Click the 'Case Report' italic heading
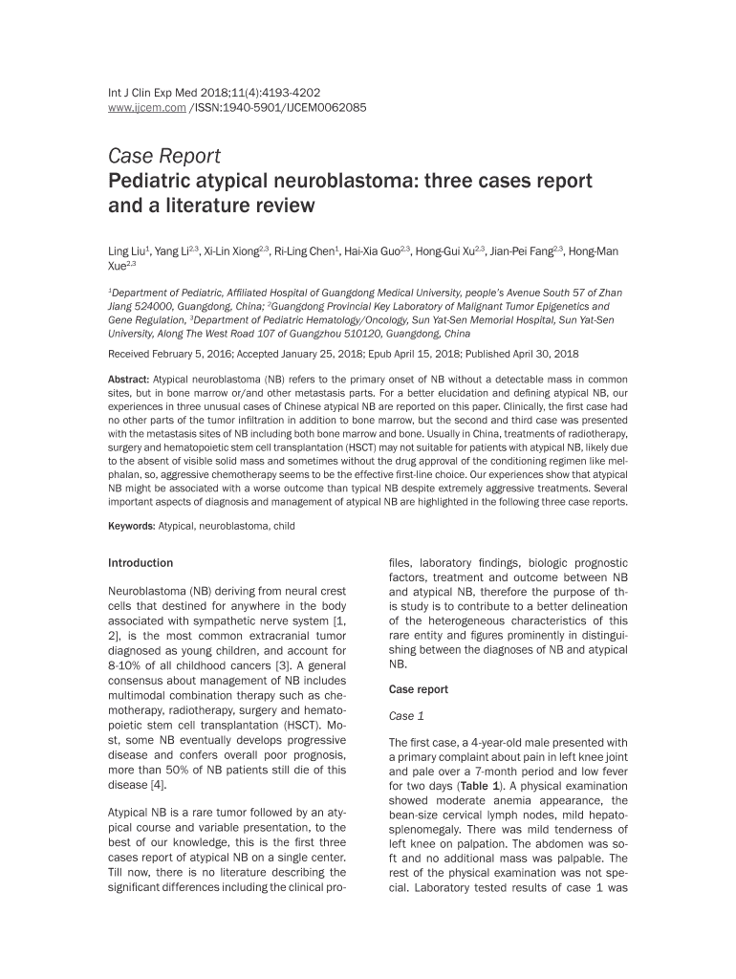(x=163, y=155)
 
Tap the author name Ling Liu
(x=127, y=251)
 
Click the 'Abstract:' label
(x=129, y=380)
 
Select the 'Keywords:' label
(x=131, y=526)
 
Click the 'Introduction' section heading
(x=141, y=563)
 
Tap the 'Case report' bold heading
(x=418, y=689)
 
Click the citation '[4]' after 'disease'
(x=162, y=785)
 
